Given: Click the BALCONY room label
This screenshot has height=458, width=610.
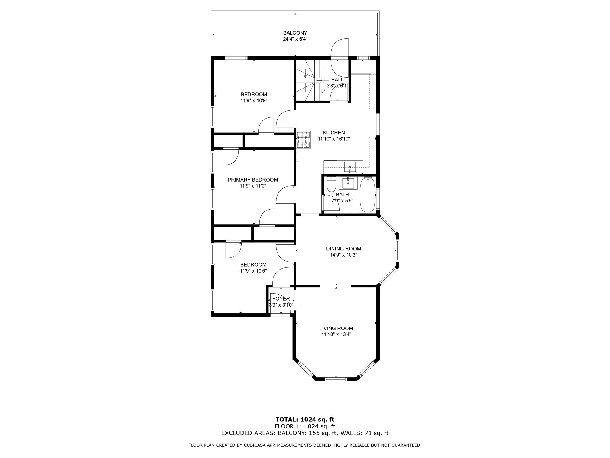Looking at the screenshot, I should pos(295,33).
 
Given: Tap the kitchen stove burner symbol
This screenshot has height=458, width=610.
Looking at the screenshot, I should pos(304,140).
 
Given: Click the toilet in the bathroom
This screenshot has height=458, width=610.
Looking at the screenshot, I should pos(331,184).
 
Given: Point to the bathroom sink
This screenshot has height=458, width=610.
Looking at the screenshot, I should pos(348,183).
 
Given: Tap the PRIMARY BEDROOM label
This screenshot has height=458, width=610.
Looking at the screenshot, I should pos(253,180).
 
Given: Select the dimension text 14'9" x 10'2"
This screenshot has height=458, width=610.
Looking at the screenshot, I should pos(343,255).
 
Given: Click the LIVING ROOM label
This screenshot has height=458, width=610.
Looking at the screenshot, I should pos(336,328).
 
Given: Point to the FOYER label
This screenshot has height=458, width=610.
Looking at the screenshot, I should pos(281,299).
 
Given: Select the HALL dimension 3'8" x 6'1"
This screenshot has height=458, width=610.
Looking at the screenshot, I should pos(337,86).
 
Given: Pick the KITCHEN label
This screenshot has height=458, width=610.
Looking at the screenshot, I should pos(334,133).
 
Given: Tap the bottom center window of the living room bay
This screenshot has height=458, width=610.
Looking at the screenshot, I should pos(336,379).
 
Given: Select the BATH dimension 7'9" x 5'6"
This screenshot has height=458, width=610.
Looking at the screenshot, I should pos(342,201).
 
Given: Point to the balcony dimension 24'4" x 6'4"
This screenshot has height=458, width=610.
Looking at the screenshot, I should pos(295,39).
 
